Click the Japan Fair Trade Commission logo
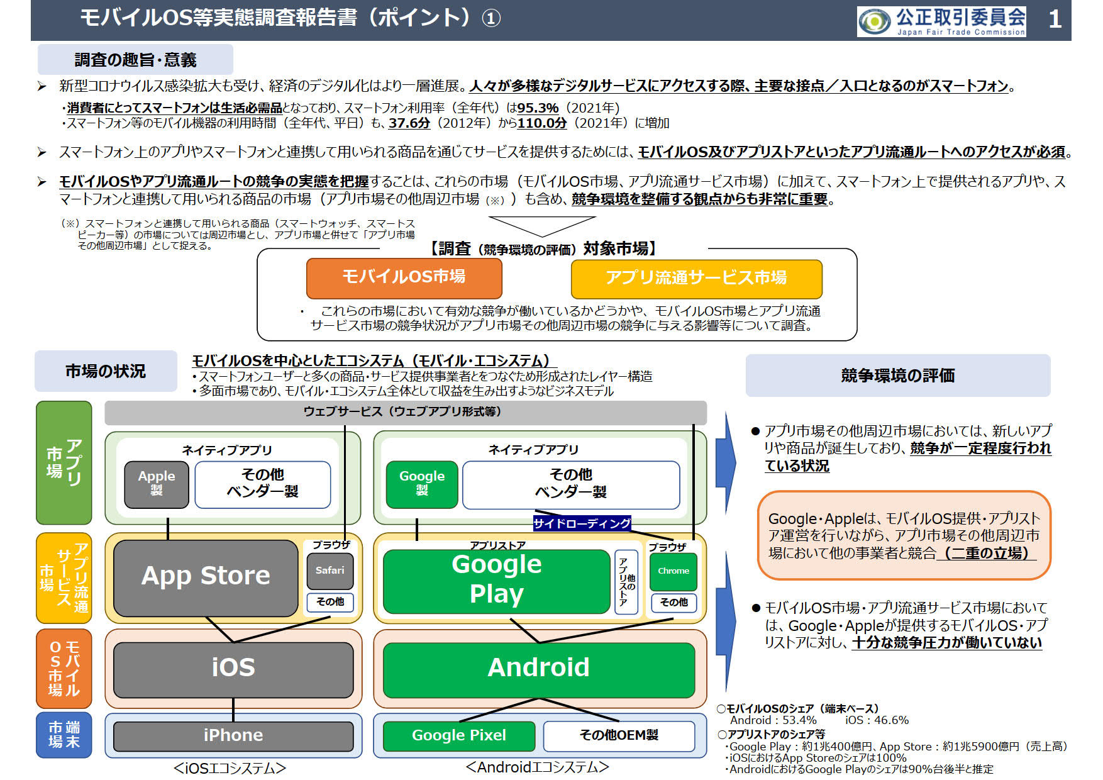point(941,21)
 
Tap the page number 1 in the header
point(1055,19)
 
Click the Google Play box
point(496,579)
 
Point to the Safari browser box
point(330,571)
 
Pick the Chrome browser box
point(673,571)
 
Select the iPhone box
point(233,735)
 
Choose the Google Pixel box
point(458,735)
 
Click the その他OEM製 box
point(619,735)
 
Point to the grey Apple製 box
point(157,483)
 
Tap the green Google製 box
point(422,483)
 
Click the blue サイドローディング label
point(582,523)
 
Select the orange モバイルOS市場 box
point(404,277)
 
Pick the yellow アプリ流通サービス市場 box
point(696,278)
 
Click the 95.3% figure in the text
point(538,108)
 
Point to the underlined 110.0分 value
point(542,123)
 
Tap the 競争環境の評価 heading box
point(897,376)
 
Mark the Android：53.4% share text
point(773,720)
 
